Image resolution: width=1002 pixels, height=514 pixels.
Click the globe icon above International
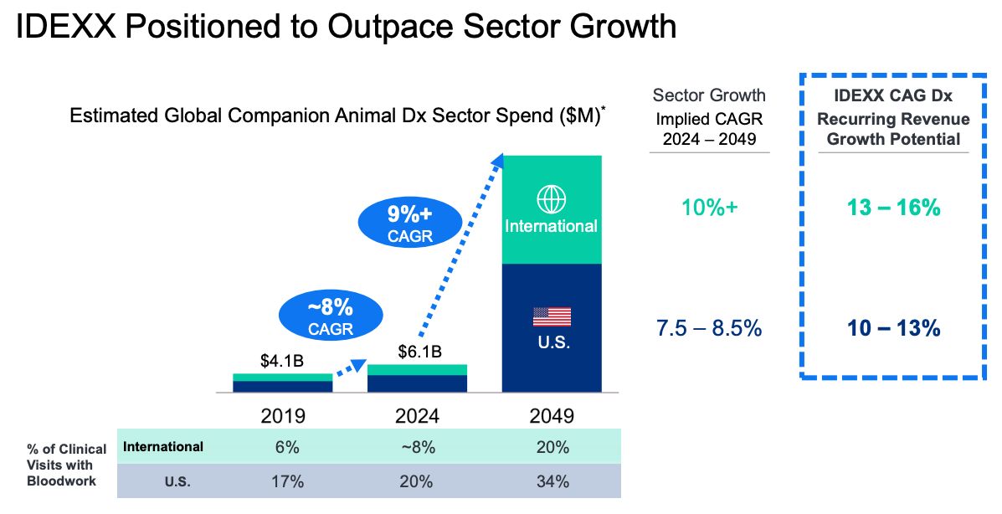pos(551,198)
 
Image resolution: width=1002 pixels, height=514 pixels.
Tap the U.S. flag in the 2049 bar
pos(552,316)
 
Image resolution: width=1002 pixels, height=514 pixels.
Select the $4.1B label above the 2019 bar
pos(282,361)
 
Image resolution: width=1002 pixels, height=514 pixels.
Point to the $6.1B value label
pos(420,352)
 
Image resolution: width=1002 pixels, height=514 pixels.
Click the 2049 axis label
pos(552,416)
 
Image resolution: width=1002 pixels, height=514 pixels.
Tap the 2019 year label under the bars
pos(282,416)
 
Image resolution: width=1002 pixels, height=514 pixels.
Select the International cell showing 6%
pos(287,447)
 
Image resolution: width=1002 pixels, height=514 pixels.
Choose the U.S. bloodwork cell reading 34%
pos(552,481)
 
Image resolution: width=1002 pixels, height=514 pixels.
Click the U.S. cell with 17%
pos(287,481)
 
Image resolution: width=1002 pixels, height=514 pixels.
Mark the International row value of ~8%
pos(418,447)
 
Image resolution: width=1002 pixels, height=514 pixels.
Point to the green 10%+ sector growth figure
pos(709,207)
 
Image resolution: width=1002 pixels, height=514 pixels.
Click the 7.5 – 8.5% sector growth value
pos(709,328)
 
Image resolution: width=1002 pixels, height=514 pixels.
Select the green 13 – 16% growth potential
pos(893,207)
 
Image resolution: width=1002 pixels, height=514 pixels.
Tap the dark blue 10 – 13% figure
pos(893,328)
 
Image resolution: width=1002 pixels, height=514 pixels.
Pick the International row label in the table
pos(163,447)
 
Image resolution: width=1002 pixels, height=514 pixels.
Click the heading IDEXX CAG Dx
pos(893,96)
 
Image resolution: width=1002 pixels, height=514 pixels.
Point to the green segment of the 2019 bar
pos(282,378)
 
